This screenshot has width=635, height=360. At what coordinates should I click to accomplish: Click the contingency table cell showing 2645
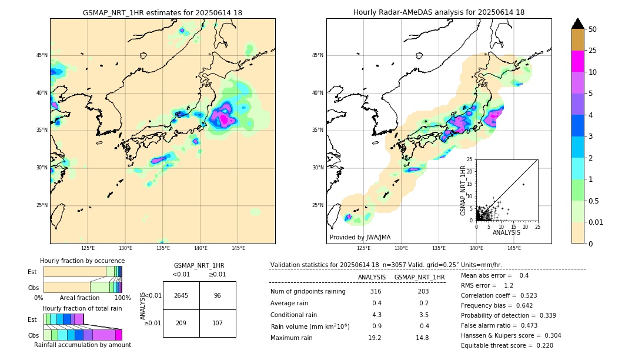pos(181,295)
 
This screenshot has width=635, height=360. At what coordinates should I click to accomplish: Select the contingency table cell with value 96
pos(218,295)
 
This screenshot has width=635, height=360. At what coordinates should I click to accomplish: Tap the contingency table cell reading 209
pos(181,323)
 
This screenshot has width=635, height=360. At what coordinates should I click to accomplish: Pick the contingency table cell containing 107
pos(218,323)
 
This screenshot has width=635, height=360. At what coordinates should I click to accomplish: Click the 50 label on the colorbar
pos(593,29)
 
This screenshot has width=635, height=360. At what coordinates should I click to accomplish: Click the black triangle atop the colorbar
pos(577,24)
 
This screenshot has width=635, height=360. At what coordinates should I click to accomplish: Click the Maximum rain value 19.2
pos(375,338)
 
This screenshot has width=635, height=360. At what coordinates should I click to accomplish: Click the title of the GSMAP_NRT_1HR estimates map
pos(162,13)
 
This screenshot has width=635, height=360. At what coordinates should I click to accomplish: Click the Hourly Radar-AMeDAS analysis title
pos(439,13)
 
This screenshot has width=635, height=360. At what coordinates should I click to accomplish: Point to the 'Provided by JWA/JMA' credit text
pos(360,237)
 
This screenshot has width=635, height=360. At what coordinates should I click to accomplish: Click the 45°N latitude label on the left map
pos(42,56)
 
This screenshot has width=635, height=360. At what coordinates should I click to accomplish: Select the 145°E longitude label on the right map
pos(514,249)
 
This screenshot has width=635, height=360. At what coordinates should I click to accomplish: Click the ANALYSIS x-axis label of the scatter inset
pos(506,232)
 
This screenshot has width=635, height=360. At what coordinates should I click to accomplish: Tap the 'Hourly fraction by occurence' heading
pos(82,261)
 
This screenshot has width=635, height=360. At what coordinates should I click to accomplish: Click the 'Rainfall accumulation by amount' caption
pos(82,345)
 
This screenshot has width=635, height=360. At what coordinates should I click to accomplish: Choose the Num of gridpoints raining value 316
pos(376,292)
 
